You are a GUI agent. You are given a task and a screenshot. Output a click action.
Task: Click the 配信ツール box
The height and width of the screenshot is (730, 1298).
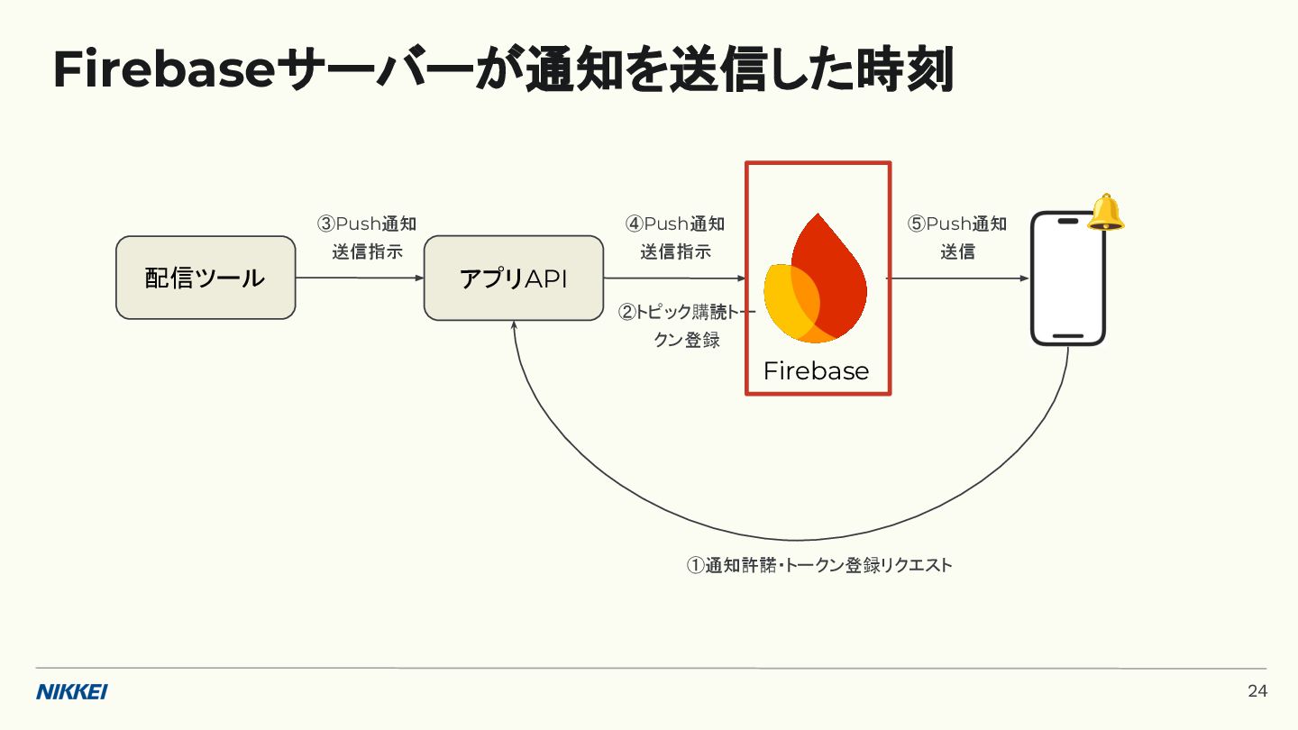point(206,278)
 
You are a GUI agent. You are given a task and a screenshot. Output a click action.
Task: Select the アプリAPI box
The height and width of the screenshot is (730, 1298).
point(514,278)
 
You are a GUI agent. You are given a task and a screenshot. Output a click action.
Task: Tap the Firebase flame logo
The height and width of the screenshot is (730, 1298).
point(815,279)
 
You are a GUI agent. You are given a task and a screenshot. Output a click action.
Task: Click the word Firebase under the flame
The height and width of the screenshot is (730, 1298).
point(816,371)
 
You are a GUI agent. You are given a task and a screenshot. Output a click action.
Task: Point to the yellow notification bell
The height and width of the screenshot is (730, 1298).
point(1106,213)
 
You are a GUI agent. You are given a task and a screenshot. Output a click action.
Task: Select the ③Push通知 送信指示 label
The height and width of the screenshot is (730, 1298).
point(367,238)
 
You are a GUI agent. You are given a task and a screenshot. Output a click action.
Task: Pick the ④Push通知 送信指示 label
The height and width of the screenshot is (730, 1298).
point(675,238)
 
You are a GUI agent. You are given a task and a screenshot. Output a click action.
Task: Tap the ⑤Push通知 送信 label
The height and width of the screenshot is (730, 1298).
point(957,238)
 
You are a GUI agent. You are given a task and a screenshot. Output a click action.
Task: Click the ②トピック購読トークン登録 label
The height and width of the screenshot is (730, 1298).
point(687,326)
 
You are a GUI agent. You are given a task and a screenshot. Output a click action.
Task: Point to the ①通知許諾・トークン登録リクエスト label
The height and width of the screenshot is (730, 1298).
point(819,566)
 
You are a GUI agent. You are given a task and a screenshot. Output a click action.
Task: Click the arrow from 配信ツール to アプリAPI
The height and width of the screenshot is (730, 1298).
point(360,278)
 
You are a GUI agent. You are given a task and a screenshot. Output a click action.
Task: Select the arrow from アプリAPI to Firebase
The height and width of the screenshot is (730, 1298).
point(674,278)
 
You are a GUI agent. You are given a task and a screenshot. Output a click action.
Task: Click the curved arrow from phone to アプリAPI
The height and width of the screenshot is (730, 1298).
point(793,539)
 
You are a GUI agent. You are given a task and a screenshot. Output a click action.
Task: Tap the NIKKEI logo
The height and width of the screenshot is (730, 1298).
point(72,692)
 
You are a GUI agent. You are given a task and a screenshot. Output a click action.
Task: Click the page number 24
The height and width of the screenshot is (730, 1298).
point(1257,691)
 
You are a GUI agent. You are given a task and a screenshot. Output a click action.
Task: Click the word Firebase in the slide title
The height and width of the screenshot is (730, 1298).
point(163,70)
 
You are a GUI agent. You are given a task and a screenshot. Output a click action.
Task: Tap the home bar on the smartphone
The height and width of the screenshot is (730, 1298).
point(1068,336)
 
